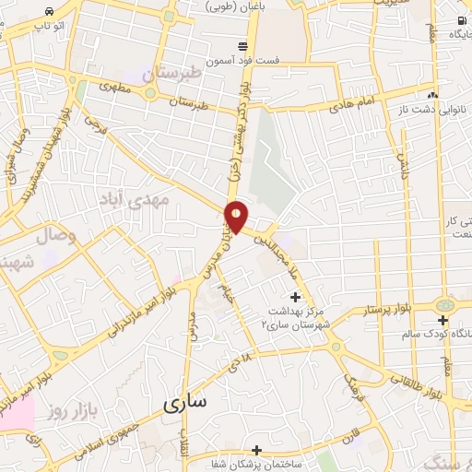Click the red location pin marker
237,216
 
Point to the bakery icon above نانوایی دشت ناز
431,96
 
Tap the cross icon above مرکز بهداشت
295,297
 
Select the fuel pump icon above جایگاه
460,20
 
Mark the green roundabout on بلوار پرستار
446,305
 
